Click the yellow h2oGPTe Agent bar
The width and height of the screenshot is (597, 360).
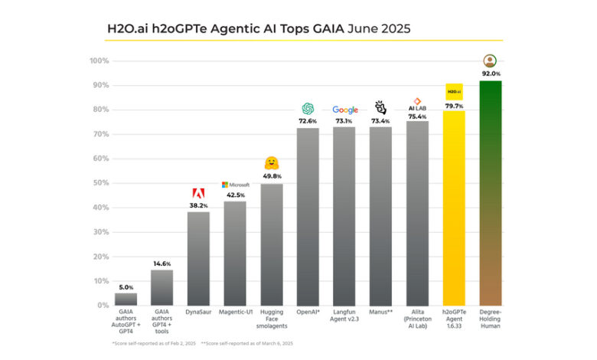(x=454, y=208)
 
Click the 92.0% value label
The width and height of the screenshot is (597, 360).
(x=490, y=74)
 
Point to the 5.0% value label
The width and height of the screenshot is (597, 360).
(x=126, y=286)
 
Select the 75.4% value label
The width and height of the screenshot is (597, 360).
(x=417, y=116)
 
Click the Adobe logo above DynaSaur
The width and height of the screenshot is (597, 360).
(x=198, y=193)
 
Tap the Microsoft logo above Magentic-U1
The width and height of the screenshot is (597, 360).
(x=235, y=185)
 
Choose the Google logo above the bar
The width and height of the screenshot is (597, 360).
(x=344, y=110)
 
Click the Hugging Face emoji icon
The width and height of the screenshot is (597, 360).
(x=271, y=162)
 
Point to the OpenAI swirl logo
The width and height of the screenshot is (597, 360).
(x=308, y=109)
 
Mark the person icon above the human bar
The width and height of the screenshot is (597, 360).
(x=490, y=61)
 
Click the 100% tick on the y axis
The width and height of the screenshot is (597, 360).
(x=99, y=61)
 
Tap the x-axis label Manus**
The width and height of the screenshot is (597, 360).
(x=380, y=313)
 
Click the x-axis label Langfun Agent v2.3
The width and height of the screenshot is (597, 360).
(x=344, y=317)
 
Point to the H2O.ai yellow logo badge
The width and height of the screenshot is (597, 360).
(x=454, y=92)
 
